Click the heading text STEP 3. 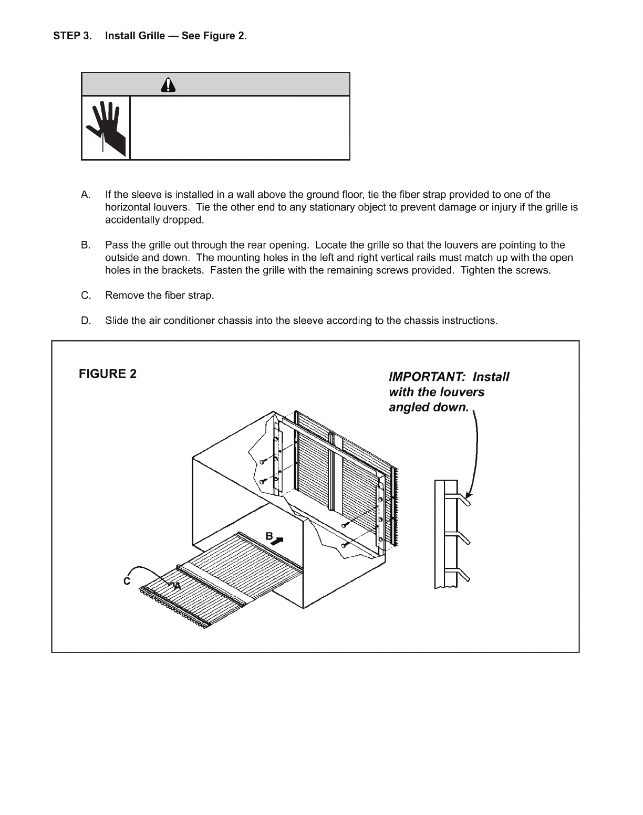[x=71, y=36]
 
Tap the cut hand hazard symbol [x=106, y=128]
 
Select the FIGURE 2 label [x=108, y=374]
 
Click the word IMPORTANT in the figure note [x=427, y=377]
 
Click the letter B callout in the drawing [x=269, y=536]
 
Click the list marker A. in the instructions [x=87, y=195]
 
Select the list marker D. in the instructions [x=87, y=321]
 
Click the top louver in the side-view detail [x=463, y=499]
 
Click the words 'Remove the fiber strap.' [x=160, y=295]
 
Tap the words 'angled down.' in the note [x=428, y=407]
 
